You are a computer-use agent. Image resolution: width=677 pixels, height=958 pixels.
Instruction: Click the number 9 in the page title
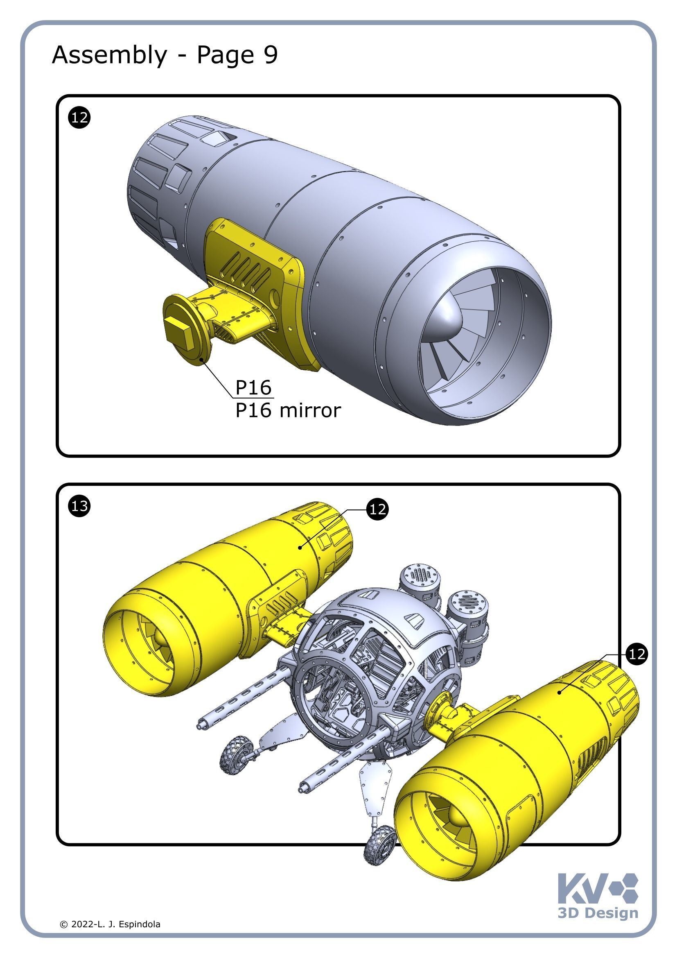coord(271,54)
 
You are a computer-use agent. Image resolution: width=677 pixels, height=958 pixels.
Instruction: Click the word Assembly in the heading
coord(109,55)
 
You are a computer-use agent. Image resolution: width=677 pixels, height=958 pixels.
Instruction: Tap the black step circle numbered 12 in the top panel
coord(79,117)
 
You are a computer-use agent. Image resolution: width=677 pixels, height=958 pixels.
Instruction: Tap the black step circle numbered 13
coord(79,506)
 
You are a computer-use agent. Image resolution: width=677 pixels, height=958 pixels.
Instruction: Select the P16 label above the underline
coord(253,387)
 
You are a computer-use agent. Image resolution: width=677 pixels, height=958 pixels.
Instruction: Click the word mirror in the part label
coord(310,410)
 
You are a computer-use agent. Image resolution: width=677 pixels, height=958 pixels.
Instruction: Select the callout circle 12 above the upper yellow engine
coord(377,510)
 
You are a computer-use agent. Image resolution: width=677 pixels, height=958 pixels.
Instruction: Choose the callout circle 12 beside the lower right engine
coord(636,654)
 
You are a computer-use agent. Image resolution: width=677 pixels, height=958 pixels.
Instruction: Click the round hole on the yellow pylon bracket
coord(275,297)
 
